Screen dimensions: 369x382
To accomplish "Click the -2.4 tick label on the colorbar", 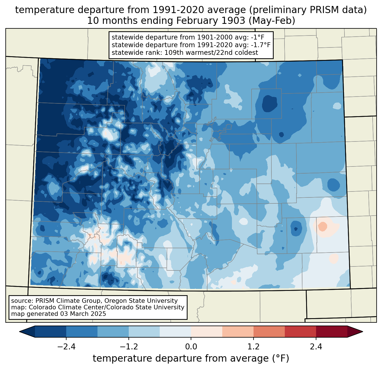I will click(66, 347).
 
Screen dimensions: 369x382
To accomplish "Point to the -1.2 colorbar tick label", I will click(128, 347).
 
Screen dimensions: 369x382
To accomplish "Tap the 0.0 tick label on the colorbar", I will click(191, 347).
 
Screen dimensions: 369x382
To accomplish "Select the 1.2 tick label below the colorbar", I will click(254, 347).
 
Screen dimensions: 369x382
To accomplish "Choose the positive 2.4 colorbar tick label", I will click(316, 347).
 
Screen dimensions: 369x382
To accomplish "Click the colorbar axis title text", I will click(191, 358).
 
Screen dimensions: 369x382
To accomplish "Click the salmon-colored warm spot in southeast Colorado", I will click(323, 226).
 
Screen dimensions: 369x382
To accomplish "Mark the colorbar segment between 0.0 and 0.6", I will click(207, 332).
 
